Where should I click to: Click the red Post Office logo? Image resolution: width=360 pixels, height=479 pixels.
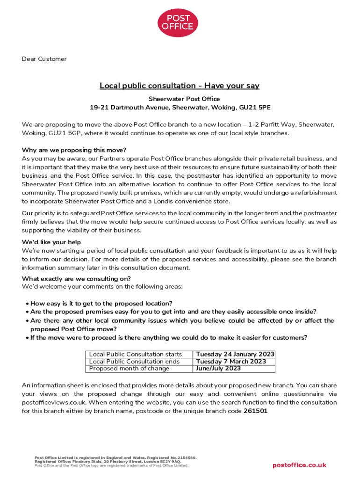[x=177, y=23]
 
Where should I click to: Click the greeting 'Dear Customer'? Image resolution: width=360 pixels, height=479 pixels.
[x=44, y=59]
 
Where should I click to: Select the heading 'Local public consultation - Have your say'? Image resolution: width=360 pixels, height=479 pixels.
[x=180, y=86]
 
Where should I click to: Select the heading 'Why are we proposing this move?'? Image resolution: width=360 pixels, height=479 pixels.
[x=74, y=150]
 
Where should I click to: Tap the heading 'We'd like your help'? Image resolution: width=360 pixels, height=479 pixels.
[x=51, y=242]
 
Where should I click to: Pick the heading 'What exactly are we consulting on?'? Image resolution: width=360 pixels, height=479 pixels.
[x=76, y=279]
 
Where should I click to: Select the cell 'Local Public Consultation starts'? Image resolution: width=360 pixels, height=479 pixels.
[x=136, y=355]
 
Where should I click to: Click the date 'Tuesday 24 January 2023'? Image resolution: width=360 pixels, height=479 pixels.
[x=235, y=355]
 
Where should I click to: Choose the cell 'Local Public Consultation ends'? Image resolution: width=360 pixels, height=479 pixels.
[x=134, y=362]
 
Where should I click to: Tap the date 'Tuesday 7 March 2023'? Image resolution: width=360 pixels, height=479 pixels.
[x=231, y=362]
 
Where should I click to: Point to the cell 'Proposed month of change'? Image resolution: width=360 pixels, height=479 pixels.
[x=129, y=369]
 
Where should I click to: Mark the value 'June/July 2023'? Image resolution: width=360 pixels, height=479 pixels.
[x=219, y=369]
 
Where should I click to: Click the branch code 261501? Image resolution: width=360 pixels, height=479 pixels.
[x=256, y=411]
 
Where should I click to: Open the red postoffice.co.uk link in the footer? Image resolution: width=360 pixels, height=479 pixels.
[x=299, y=465]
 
